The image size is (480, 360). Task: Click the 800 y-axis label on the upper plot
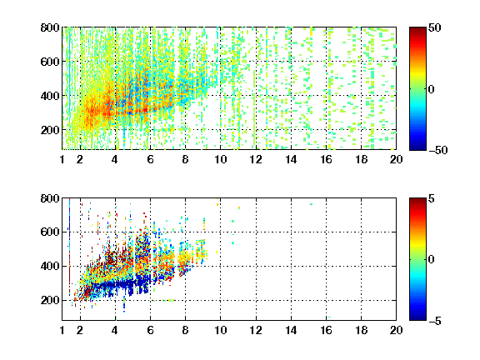coord(50,27)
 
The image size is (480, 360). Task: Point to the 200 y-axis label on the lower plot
coord(50,300)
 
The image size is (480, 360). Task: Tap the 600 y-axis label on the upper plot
coord(50,62)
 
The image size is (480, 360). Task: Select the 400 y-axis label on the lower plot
coord(50,266)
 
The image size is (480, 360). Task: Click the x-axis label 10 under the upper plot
coord(220,159)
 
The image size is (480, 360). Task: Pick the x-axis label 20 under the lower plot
coord(396,330)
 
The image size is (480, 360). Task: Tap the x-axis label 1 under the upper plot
coord(62,159)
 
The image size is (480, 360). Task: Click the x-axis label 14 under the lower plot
coord(291,330)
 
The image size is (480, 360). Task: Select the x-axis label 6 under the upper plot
coord(150,159)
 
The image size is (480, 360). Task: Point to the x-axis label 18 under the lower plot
coord(361,330)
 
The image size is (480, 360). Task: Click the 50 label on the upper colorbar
coord(434,27)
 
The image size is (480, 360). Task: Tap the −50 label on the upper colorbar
coord(438,150)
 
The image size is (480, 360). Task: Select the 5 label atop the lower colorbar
coord(432,198)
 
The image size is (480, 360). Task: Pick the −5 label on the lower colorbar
coord(435,321)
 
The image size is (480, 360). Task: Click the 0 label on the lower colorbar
coord(432,260)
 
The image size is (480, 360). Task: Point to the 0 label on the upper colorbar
coord(432,89)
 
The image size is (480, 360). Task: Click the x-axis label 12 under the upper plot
coord(256,159)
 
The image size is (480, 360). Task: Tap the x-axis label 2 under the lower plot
coord(80,330)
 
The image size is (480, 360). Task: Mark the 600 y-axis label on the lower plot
coord(50,232)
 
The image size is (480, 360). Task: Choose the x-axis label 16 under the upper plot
coord(326,159)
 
